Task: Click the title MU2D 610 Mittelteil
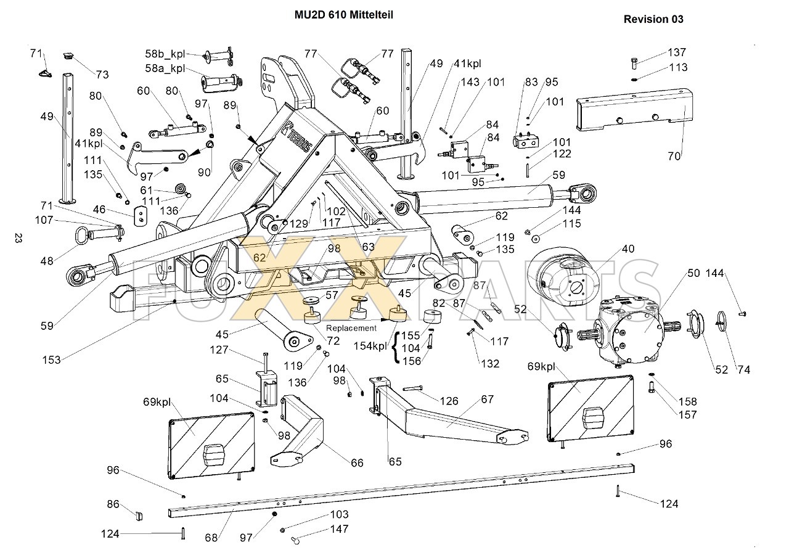click(x=344, y=15)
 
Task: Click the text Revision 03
click(x=653, y=19)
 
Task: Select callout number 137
click(x=677, y=52)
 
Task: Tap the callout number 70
click(x=674, y=156)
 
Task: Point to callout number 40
click(x=628, y=248)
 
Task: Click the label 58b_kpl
click(x=165, y=54)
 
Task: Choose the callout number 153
click(x=51, y=360)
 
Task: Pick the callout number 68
click(x=211, y=538)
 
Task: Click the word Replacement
click(x=351, y=328)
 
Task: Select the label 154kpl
click(x=370, y=347)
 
